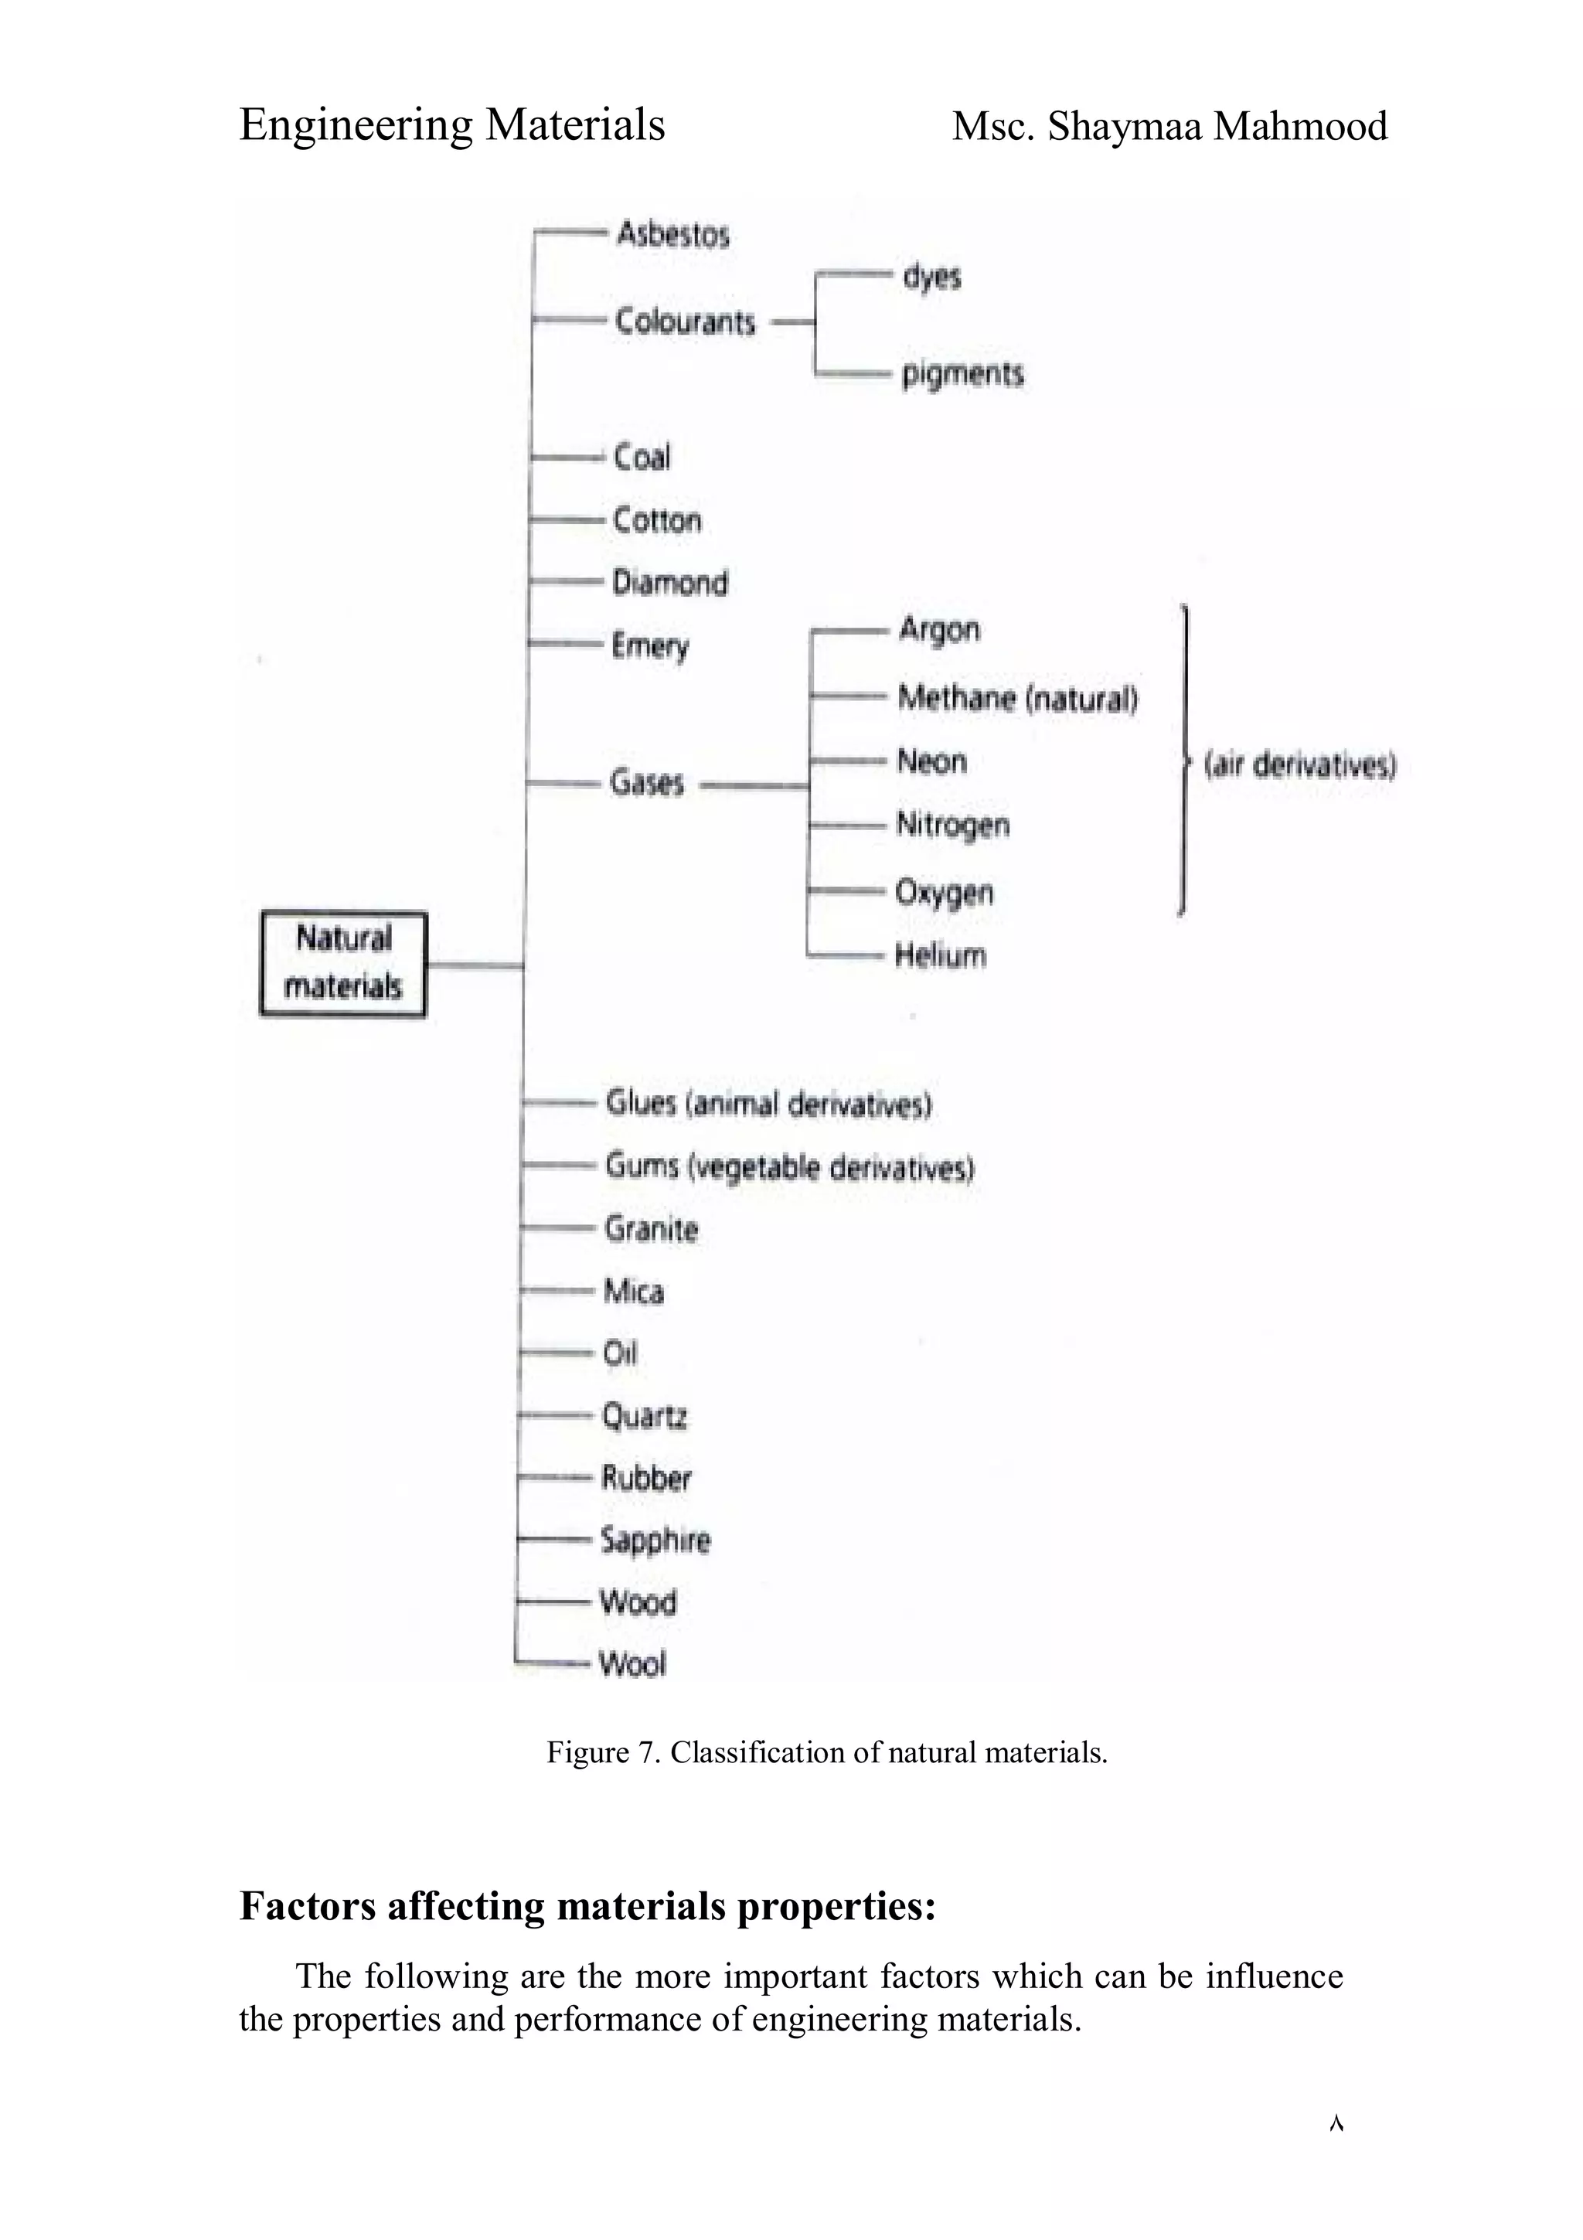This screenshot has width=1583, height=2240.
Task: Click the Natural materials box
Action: (343, 964)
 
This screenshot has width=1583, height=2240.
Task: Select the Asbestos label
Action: (673, 234)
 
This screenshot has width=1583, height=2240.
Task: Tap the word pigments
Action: (962, 373)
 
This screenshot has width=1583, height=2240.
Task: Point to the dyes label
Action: (931, 277)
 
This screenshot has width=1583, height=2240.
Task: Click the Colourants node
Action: (685, 321)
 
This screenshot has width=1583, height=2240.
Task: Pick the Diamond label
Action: (670, 583)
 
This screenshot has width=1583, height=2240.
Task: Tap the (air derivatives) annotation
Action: (1300, 764)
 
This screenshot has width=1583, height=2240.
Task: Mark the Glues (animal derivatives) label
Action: (768, 1104)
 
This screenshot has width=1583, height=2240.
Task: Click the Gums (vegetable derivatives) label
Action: (789, 1166)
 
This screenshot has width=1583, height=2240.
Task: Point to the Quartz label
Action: (645, 1415)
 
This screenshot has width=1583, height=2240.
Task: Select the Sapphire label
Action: (655, 1540)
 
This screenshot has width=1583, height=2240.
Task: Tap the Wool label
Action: (633, 1663)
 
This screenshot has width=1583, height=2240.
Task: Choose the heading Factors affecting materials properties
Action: (587, 1905)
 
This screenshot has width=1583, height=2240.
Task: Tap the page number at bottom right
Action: (1336, 2124)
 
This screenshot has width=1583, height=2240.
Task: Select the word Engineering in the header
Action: (356, 125)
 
